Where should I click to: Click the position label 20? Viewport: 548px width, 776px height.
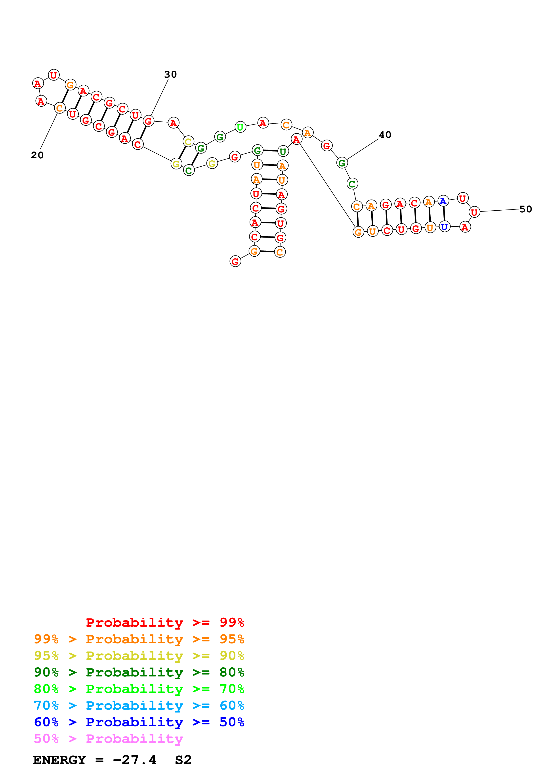37,155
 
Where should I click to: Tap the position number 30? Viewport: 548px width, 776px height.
170,74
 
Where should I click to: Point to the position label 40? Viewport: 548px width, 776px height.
385,135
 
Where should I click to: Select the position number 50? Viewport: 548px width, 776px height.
525,209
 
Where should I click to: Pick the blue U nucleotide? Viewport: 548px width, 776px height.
444,227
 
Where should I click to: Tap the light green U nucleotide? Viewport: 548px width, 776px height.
240,127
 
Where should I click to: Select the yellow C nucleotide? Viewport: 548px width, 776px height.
188,141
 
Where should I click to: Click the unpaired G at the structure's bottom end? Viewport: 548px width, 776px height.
235,261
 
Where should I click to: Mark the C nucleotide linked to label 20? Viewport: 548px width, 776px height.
60,108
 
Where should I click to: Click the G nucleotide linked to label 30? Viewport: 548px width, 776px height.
148,121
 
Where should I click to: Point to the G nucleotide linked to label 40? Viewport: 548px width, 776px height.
342,163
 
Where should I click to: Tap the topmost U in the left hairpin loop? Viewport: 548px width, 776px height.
54,75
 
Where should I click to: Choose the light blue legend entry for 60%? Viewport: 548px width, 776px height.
139,705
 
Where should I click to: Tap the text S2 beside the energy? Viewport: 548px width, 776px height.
183,760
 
